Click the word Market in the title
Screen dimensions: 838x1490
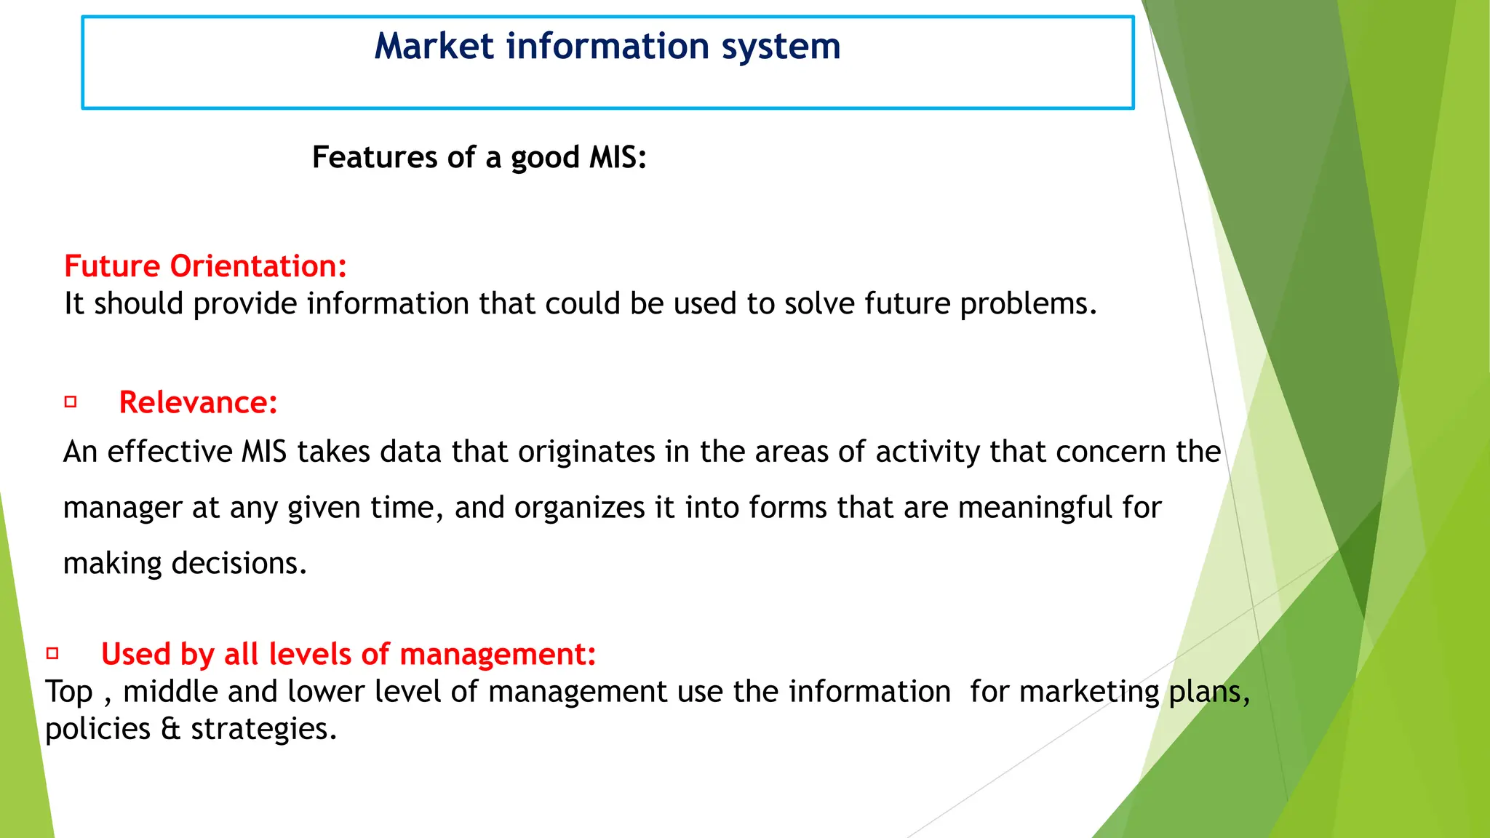click(434, 47)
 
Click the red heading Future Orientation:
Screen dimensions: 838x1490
click(205, 266)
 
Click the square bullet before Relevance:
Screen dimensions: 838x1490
click(71, 402)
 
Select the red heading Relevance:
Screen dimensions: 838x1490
click(198, 402)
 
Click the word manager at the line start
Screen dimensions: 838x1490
click(122, 508)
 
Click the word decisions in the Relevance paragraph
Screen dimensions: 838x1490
click(239, 564)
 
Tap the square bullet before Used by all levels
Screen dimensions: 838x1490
click(52, 653)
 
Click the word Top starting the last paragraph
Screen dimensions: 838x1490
click(69, 692)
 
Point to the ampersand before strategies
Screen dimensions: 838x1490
click(170, 729)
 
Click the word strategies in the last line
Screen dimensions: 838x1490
click(263, 729)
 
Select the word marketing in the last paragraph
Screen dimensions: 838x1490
click(1088, 692)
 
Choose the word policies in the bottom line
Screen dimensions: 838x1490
click(97, 729)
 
